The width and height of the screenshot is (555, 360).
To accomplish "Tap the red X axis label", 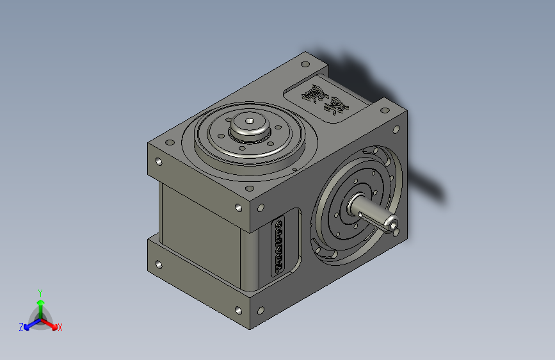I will coord(60,327).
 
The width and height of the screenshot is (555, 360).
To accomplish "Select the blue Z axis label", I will coord(21,327).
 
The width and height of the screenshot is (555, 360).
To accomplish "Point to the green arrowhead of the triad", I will coord(40,302).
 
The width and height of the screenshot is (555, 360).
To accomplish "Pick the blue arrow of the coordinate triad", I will coord(29,323).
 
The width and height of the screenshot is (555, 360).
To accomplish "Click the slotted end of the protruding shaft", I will coord(392,224).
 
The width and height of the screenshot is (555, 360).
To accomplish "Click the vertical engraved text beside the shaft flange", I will coord(279,245).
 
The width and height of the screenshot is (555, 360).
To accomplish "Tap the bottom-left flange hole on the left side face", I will coord(157,263).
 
